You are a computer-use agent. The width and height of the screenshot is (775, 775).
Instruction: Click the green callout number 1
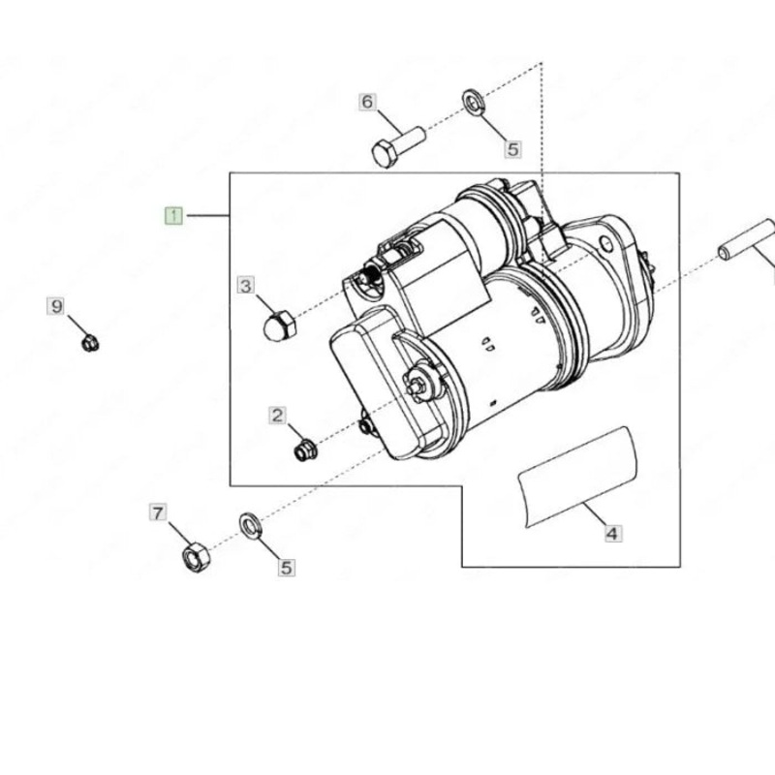click(x=172, y=215)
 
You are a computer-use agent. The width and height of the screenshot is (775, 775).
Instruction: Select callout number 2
click(x=278, y=416)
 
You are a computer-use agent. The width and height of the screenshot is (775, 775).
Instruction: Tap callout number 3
click(x=246, y=285)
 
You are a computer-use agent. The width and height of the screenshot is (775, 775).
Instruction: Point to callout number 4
click(x=612, y=533)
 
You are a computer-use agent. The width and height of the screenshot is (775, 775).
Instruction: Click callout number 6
click(x=367, y=102)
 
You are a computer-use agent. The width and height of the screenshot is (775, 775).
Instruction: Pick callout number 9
click(x=57, y=307)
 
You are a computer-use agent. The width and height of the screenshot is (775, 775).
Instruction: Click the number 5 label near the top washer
click(x=512, y=149)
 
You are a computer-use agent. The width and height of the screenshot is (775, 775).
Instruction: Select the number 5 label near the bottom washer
click(x=286, y=568)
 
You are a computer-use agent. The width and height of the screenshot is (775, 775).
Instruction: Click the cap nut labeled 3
click(x=279, y=324)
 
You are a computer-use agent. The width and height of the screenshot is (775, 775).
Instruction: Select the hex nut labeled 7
click(x=196, y=557)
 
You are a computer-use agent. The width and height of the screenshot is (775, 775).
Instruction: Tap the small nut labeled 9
click(x=90, y=342)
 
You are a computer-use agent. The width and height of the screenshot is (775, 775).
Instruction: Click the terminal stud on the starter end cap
click(x=418, y=384)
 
